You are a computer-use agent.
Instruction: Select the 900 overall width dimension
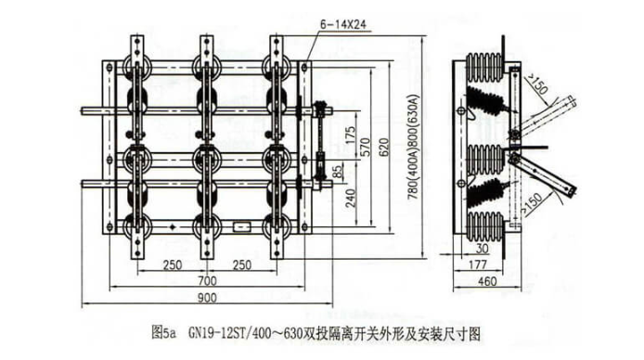(x=208, y=297)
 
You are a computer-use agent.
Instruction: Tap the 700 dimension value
(x=208, y=280)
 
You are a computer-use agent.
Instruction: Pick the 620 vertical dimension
(x=384, y=142)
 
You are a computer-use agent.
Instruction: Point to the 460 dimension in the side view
(x=484, y=280)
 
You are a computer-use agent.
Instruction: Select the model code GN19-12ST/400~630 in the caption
(x=246, y=330)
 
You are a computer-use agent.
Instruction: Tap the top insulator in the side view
(x=486, y=69)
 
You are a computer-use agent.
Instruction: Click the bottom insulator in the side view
(x=486, y=224)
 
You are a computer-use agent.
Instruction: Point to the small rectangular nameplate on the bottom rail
(x=243, y=225)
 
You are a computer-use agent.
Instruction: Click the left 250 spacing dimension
(x=171, y=264)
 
